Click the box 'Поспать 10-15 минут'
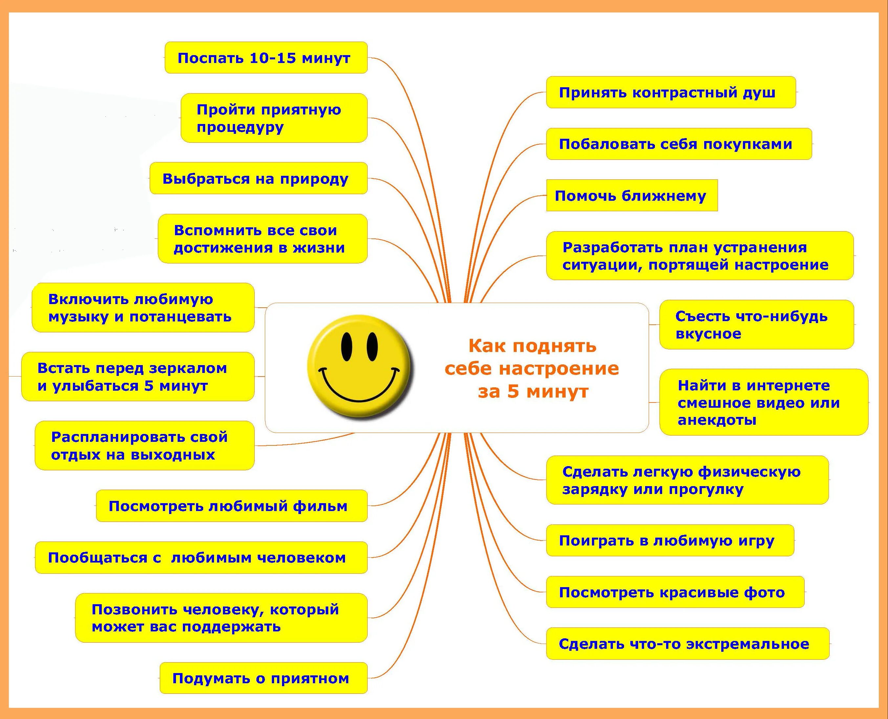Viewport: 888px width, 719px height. (x=266, y=58)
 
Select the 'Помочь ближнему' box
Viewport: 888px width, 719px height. (x=631, y=195)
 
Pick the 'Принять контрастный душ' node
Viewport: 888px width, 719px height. (x=670, y=92)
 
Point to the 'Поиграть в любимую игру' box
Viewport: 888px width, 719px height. (x=669, y=541)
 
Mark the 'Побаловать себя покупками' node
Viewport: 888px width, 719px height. (x=678, y=144)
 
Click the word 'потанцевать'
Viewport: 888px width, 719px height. (x=180, y=317)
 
